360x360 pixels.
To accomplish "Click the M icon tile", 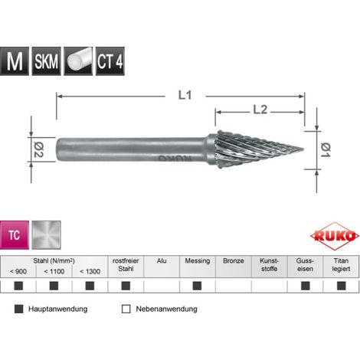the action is point(15,61).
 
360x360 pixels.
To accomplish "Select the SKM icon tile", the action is point(46,61).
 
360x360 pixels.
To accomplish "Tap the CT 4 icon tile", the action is point(110,61).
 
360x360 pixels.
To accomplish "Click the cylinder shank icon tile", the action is point(78,61).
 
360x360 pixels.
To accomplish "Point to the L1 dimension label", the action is point(185,96).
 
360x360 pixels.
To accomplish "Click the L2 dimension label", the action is point(260,110).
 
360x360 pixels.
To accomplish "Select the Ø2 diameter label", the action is point(39,150).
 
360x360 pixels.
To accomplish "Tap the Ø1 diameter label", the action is point(326,150).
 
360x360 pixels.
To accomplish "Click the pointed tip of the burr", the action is point(303,149).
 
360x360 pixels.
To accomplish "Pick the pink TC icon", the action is point(15,235).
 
